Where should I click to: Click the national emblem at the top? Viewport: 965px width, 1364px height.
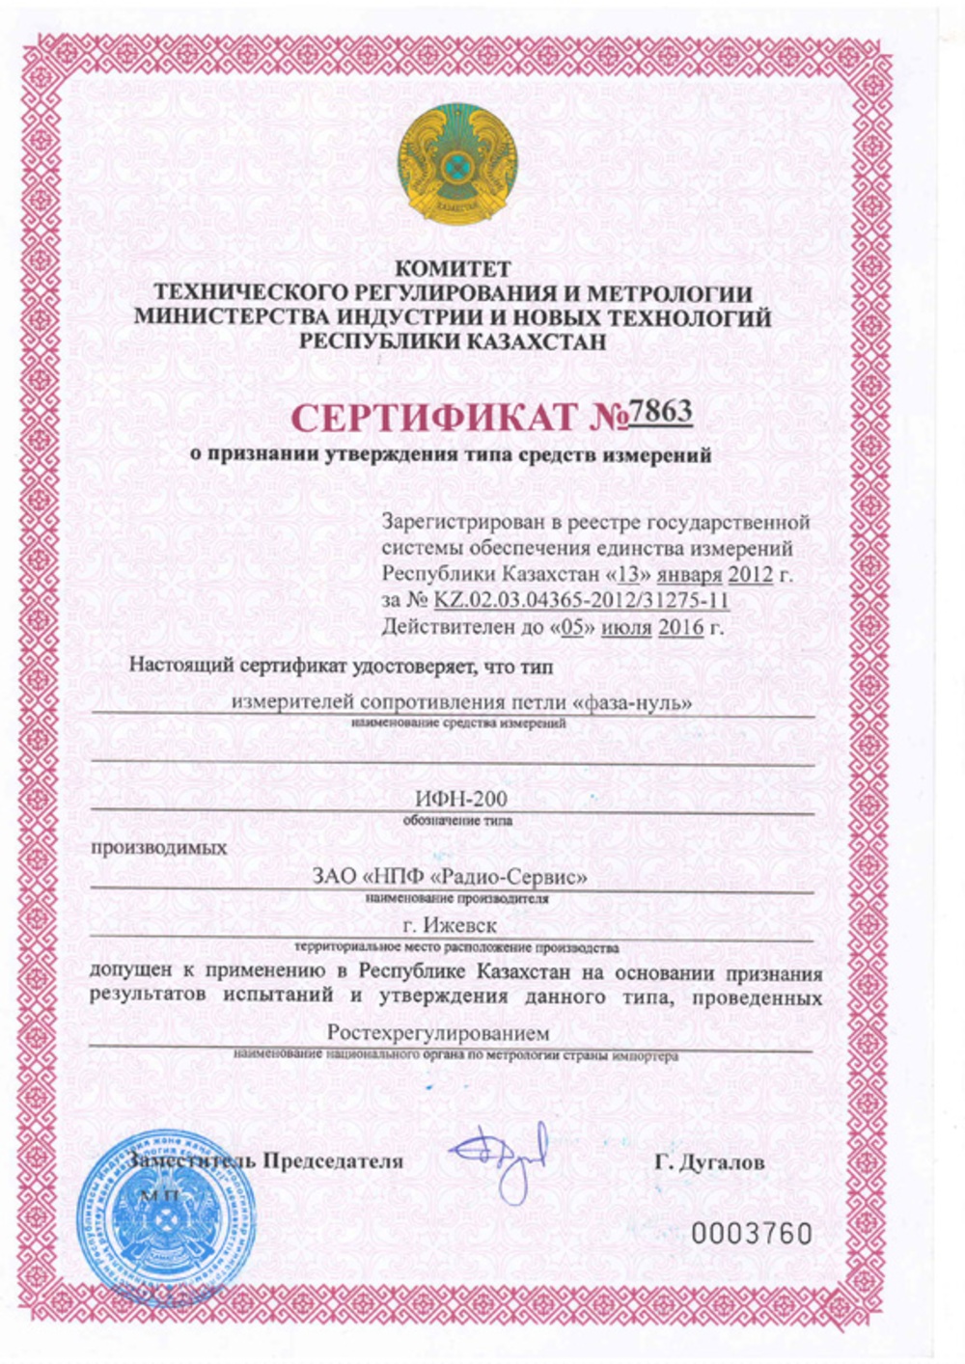[x=457, y=161]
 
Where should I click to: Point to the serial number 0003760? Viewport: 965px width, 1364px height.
[x=752, y=1234]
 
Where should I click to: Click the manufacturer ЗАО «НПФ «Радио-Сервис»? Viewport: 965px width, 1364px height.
[x=450, y=878]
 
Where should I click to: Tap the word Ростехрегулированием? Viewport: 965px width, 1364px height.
[x=438, y=1033]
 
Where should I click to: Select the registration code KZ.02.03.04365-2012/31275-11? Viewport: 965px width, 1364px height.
[x=581, y=600]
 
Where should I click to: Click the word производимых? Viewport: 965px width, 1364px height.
[x=159, y=849]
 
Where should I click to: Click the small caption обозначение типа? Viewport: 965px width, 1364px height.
[x=456, y=821]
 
